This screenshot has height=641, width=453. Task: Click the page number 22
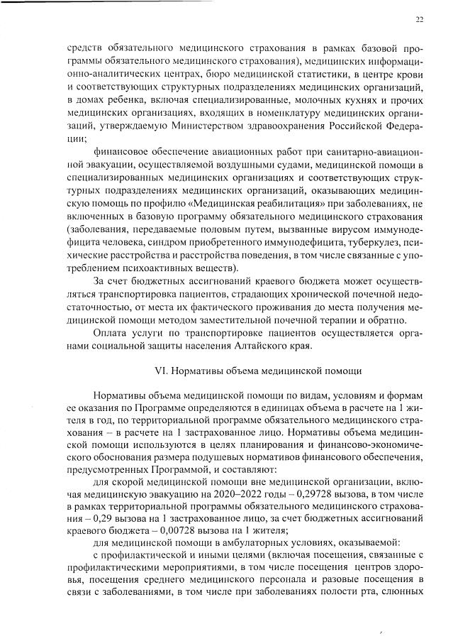coord(419,20)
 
